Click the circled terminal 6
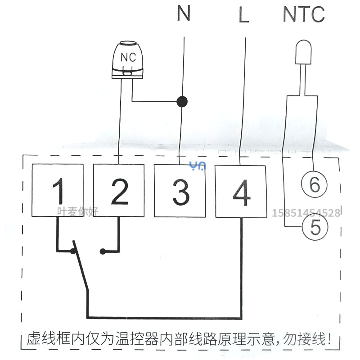click(x=314, y=184)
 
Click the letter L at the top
click(x=243, y=15)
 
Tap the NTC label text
click(x=303, y=14)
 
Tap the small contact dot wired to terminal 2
click(x=103, y=252)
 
